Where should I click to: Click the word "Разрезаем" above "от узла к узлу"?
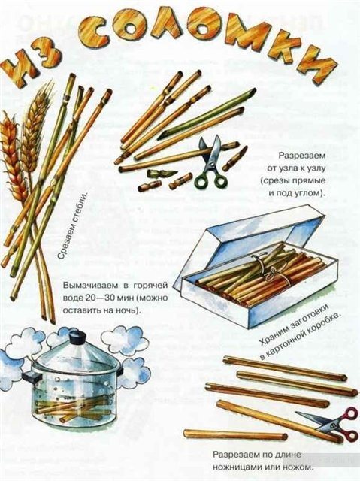301,156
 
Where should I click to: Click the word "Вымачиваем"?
89,286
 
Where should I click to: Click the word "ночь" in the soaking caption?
129,310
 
